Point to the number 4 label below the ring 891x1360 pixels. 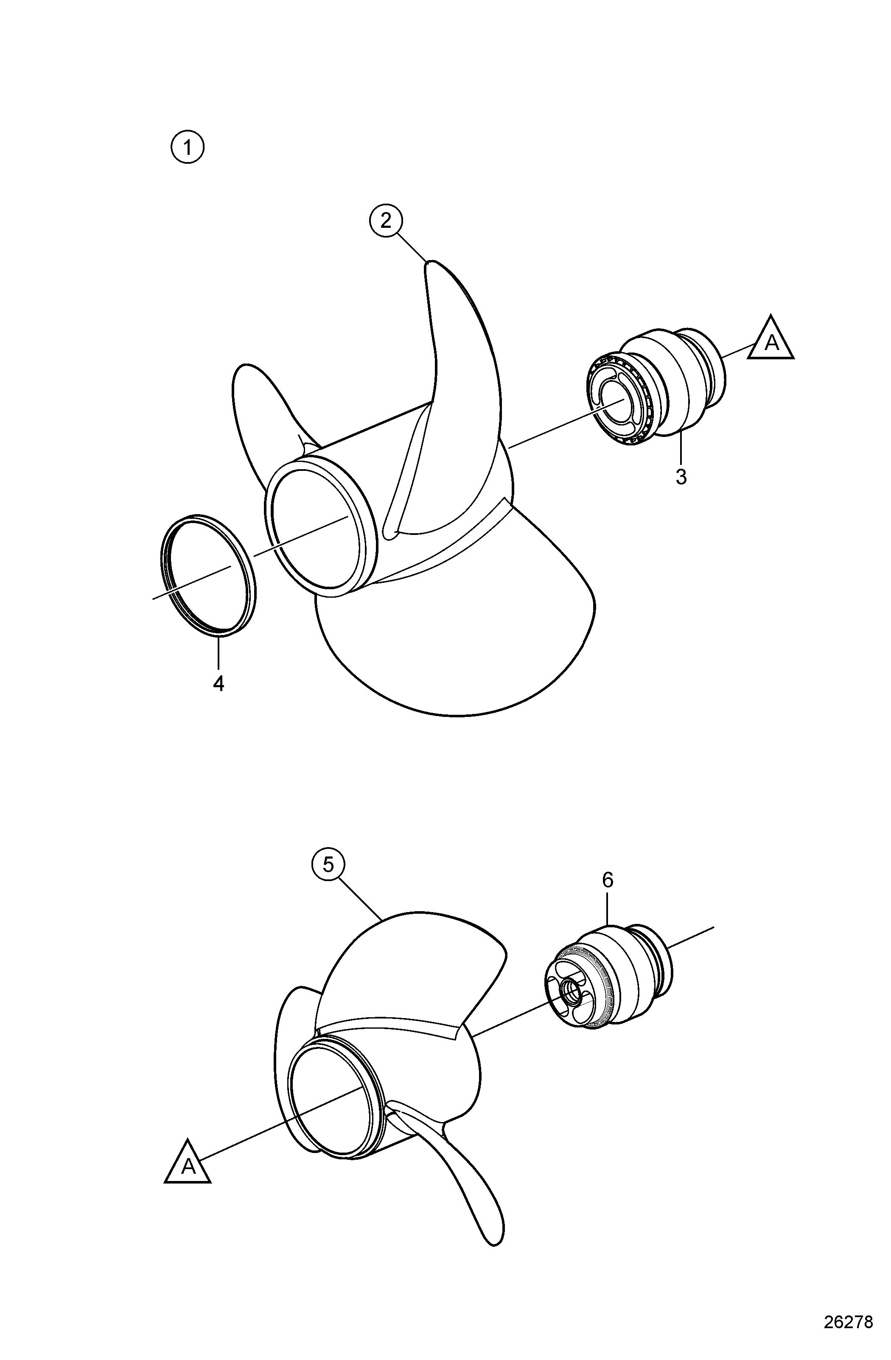[219, 683]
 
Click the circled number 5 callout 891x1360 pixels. [328, 881]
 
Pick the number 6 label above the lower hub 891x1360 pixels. [608, 880]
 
